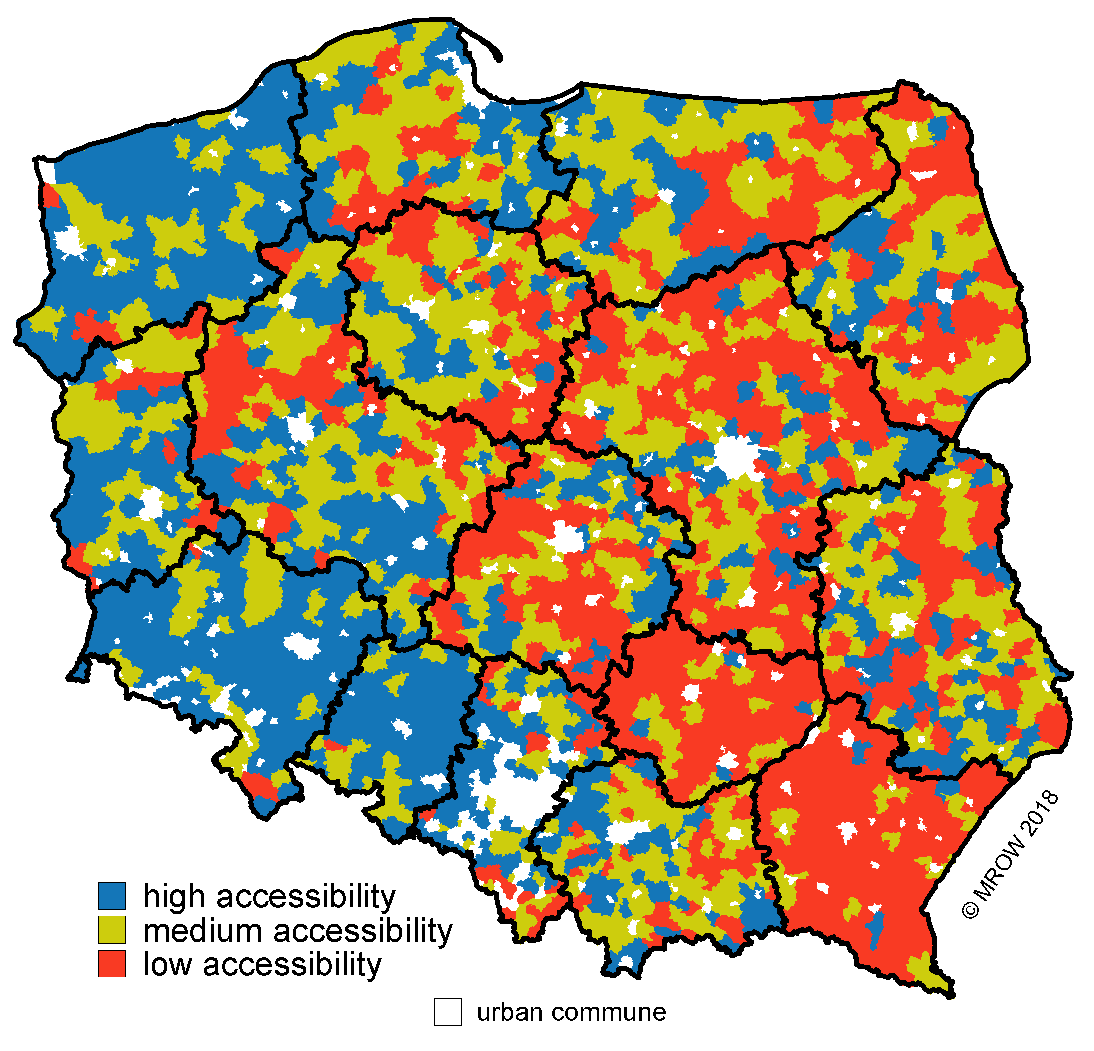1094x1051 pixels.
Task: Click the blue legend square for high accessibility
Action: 111,895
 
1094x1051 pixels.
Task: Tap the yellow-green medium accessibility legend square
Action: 111,930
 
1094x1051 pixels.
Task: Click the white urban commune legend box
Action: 448,1012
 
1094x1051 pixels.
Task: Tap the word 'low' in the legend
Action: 167,964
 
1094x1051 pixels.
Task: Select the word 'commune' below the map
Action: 609,1012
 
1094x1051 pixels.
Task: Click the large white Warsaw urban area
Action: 737,458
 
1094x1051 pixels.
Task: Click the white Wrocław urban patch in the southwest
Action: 302,646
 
